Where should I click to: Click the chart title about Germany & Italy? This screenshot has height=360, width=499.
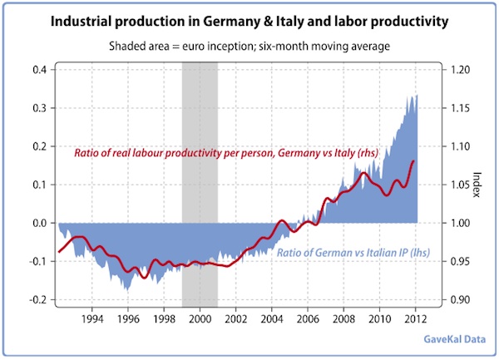(249, 18)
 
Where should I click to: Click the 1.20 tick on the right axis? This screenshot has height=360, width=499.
(463, 69)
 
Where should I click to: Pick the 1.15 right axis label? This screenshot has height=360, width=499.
(463, 107)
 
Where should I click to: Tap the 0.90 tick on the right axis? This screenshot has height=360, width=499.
(463, 300)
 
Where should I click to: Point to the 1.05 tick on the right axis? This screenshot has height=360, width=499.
(463, 185)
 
